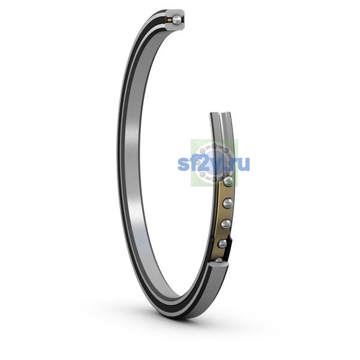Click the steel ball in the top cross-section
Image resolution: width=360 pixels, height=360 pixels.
(x=177, y=20)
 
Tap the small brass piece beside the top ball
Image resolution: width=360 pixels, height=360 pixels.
(x=170, y=20)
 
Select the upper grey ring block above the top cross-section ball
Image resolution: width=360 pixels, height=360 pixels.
(x=175, y=13)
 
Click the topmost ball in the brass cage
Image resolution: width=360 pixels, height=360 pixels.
(x=229, y=181)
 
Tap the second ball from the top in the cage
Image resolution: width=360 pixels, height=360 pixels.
(x=228, y=203)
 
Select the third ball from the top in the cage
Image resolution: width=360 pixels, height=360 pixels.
(x=226, y=224)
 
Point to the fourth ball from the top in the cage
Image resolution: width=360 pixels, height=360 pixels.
(x=223, y=244)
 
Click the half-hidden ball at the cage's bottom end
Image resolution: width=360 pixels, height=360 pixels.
(x=219, y=260)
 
